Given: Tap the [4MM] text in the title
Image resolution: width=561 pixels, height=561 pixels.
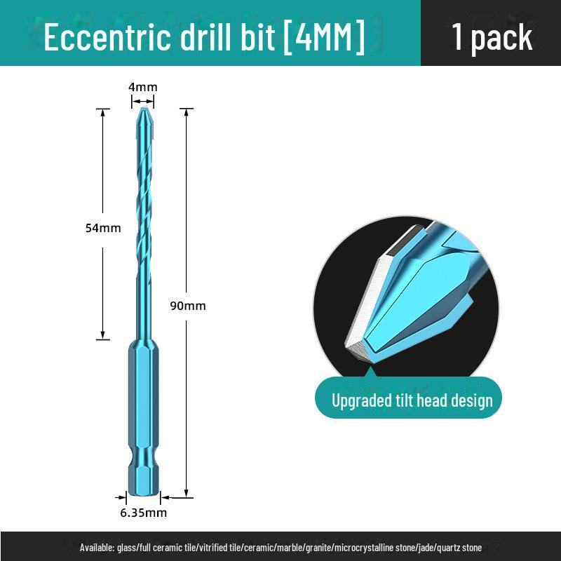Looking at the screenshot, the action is click(324, 36).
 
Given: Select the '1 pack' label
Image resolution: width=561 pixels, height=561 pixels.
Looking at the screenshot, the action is click(492, 37).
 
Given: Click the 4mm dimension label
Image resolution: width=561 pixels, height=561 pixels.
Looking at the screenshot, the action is click(143, 87).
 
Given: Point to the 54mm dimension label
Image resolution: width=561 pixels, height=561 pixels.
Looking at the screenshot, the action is click(103, 228).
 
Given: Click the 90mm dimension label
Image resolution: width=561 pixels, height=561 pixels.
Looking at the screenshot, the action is click(188, 306).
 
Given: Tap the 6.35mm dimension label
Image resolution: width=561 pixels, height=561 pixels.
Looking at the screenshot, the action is click(144, 513).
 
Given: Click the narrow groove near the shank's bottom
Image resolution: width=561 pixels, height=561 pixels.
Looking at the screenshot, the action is click(144, 461).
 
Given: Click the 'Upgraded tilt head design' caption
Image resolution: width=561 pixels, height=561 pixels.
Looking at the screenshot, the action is click(412, 400).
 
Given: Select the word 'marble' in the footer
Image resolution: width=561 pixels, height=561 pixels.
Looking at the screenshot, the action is click(291, 548).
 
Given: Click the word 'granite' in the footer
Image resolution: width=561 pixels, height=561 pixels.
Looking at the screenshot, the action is click(320, 548).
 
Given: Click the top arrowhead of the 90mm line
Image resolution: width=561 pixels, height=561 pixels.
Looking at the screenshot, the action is click(187, 112).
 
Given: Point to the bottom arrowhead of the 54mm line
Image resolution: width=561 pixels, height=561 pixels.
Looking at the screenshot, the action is click(102, 335).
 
